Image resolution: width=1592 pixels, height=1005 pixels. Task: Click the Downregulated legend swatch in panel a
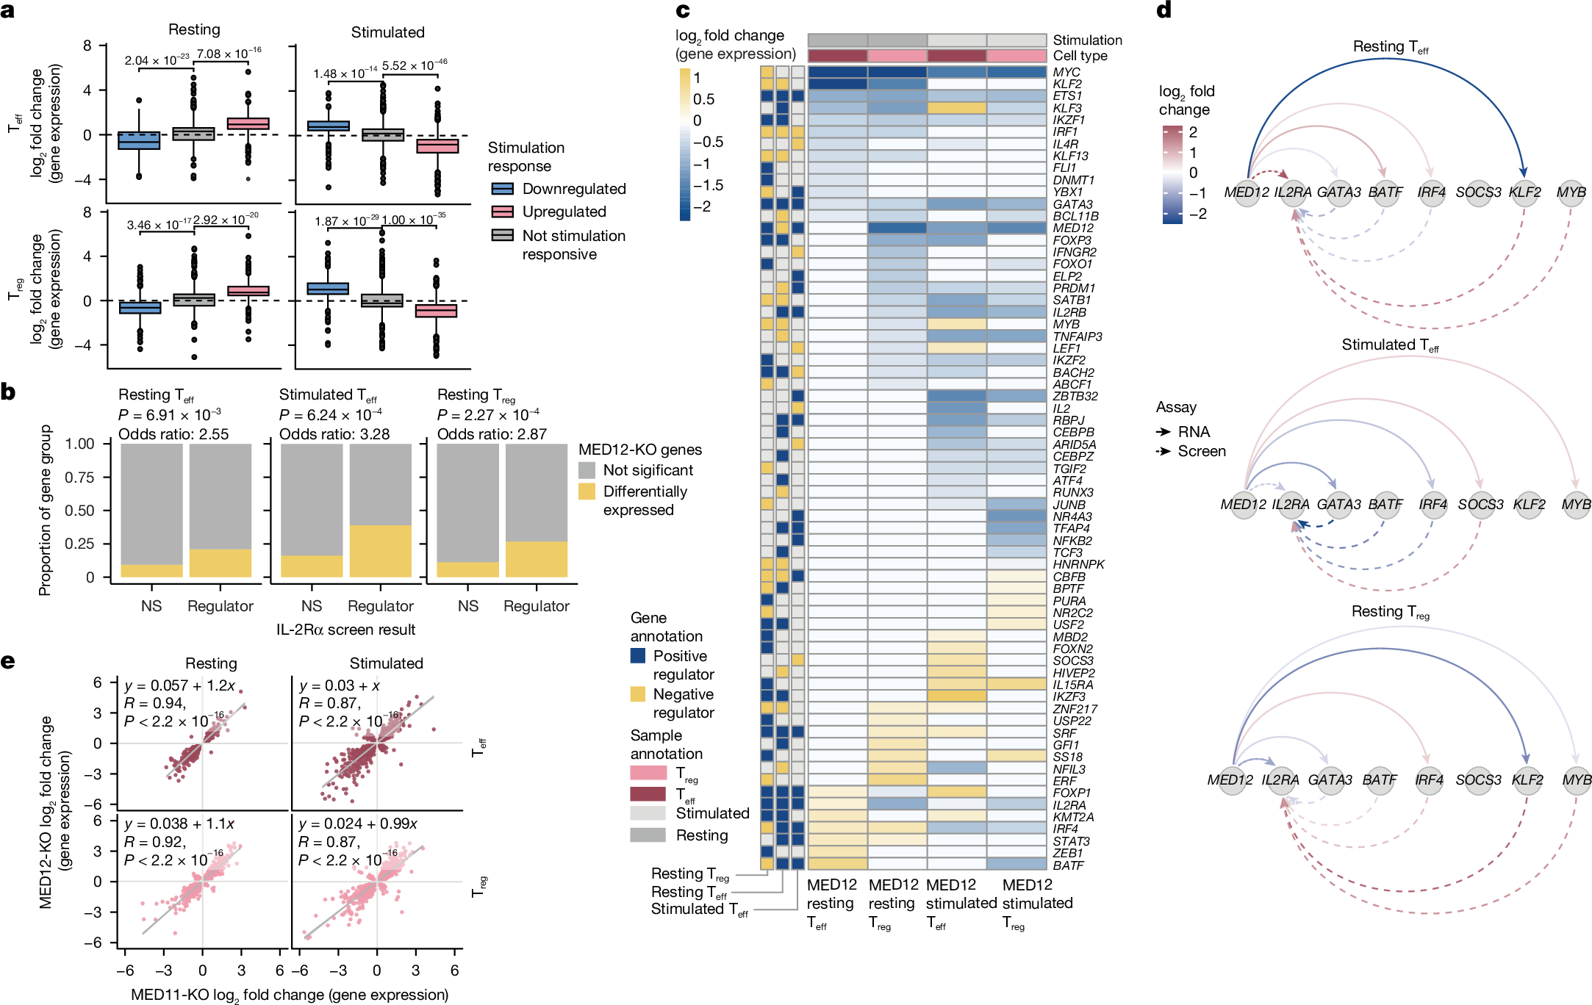click(x=502, y=189)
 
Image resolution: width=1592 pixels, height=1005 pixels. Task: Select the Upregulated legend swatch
click(x=502, y=212)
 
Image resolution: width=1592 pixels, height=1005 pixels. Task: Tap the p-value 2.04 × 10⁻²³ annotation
click(x=157, y=60)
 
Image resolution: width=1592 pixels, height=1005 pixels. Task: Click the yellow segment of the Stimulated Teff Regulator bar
click(x=380, y=551)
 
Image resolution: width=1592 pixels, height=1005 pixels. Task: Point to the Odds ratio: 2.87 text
click(x=492, y=434)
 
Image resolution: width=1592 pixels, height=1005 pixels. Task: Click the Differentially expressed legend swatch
click(x=587, y=491)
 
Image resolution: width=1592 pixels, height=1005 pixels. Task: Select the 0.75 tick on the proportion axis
click(x=79, y=478)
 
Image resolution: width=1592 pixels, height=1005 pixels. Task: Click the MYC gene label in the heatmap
click(x=1066, y=72)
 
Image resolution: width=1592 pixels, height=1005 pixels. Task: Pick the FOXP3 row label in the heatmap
click(x=1072, y=240)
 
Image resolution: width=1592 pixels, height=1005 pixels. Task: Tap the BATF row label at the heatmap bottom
click(x=1068, y=865)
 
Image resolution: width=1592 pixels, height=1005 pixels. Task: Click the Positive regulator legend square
click(x=638, y=656)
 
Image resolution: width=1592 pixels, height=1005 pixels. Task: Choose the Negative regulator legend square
click(x=638, y=694)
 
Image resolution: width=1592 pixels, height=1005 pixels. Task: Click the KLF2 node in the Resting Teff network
click(x=1524, y=192)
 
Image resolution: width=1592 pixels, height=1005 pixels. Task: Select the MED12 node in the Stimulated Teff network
click(x=1244, y=505)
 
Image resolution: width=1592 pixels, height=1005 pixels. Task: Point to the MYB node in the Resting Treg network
click(x=1576, y=779)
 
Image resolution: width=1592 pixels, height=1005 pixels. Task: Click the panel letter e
click(x=8, y=661)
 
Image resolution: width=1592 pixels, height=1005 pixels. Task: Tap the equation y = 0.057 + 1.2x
click(x=180, y=685)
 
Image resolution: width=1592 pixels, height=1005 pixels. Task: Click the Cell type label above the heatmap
click(x=1080, y=56)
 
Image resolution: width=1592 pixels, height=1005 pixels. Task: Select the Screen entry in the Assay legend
click(x=1202, y=451)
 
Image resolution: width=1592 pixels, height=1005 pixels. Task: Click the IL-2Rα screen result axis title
click(x=345, y=630)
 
